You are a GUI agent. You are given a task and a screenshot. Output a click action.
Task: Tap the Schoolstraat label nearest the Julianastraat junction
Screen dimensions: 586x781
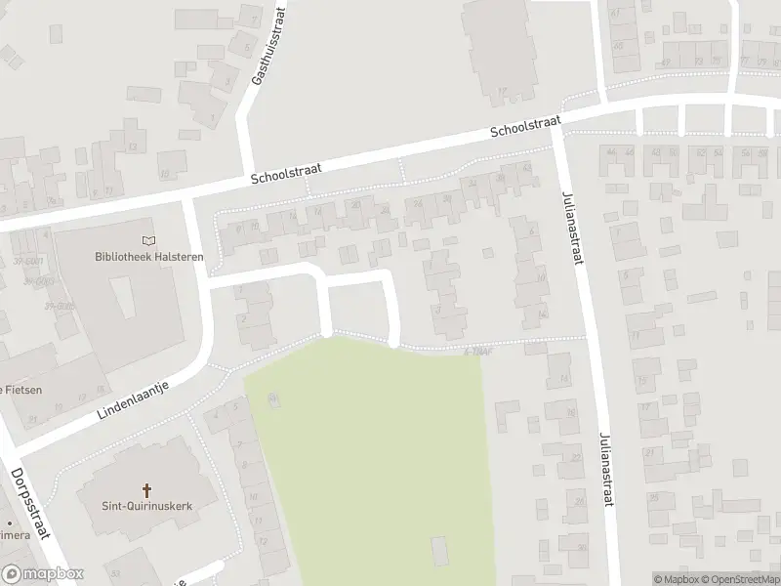tap(525, 126)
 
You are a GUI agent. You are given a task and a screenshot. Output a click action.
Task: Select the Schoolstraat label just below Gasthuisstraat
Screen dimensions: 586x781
tap(286, 174)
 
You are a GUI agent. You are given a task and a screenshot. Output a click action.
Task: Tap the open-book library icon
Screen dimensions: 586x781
tap(147, 240)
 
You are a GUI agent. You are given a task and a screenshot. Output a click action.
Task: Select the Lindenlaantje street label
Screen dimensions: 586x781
tap(133, 400)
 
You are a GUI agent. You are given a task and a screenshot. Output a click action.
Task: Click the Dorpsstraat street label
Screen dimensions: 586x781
tap(30, 501)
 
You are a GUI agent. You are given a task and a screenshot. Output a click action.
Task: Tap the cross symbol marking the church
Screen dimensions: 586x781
tap(147, 489)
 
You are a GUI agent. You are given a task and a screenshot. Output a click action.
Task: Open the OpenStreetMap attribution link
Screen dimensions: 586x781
tap(742, 579)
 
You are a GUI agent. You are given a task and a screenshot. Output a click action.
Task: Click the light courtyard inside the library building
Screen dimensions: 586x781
tap(122, 297)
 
